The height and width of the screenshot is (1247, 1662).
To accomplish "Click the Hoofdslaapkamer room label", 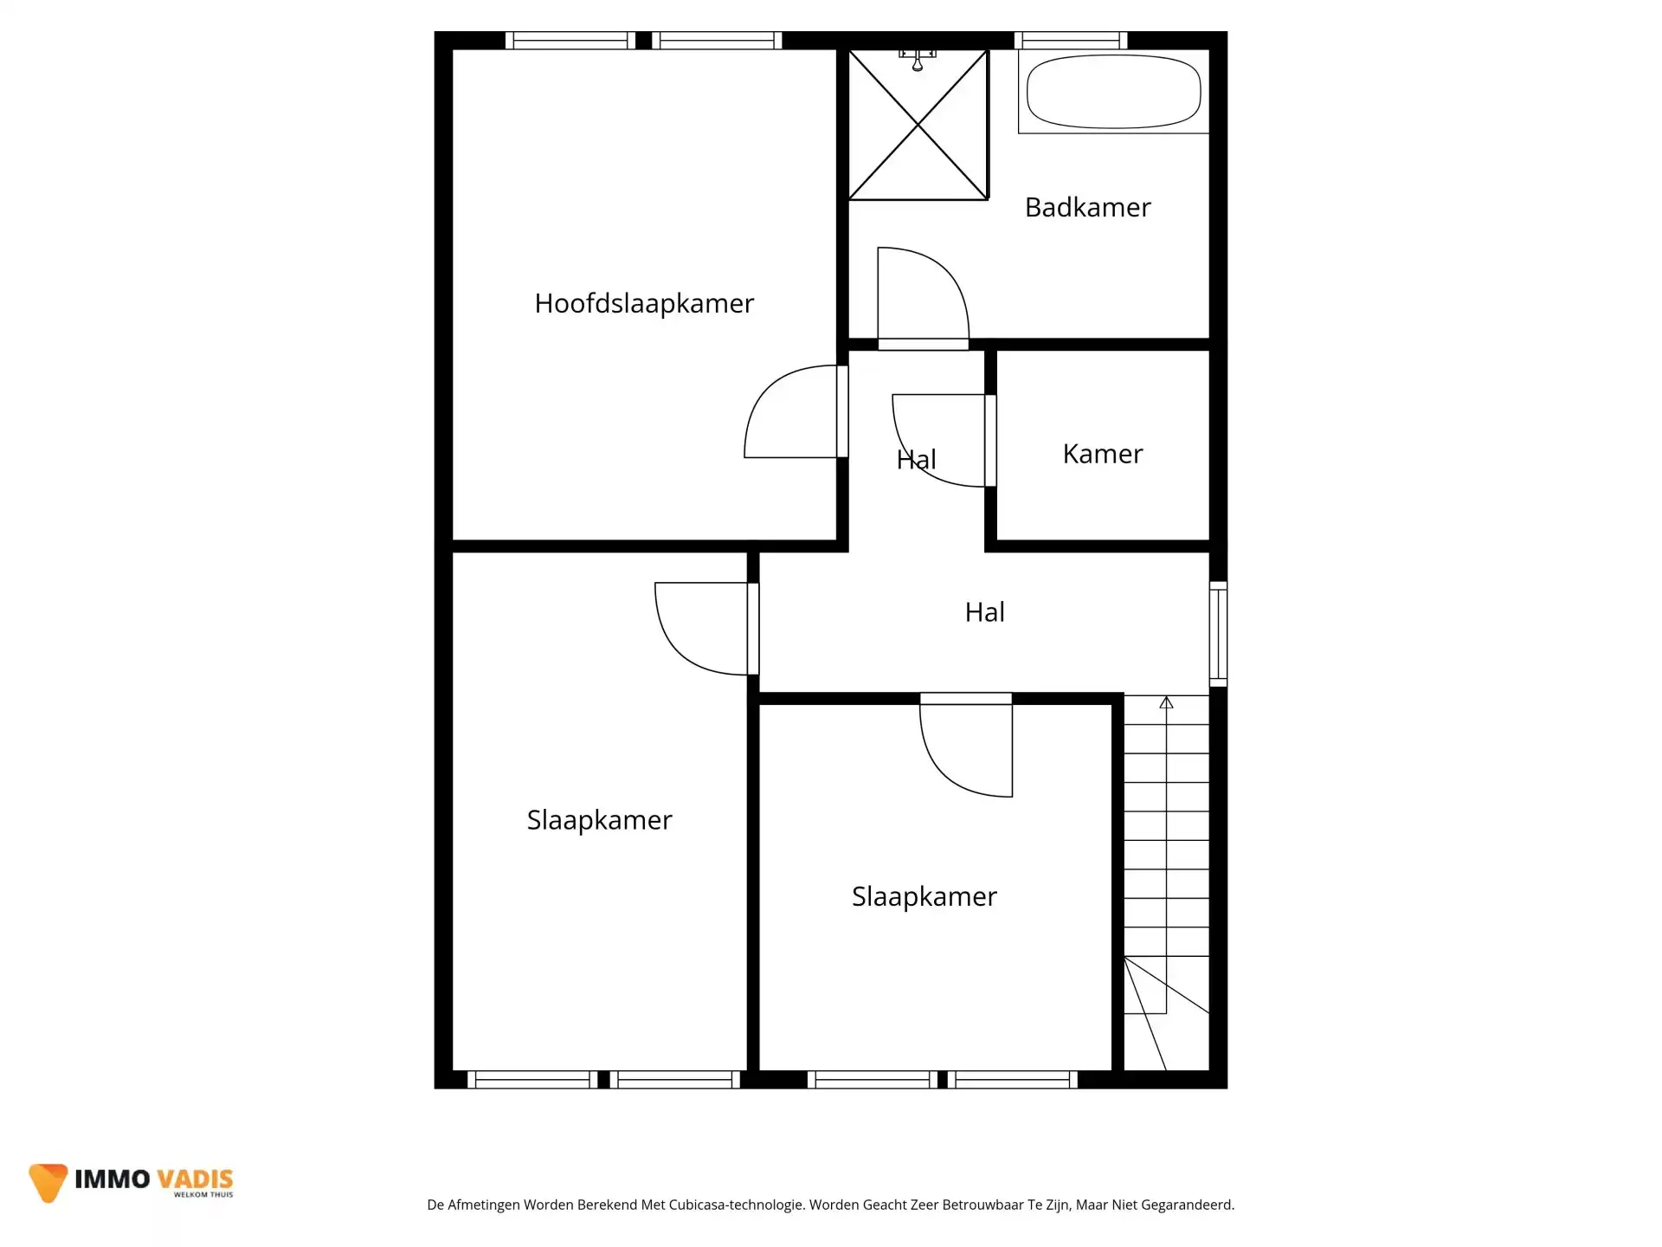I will tap(644, 304).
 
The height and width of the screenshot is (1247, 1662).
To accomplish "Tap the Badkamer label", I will tap(1087, 208).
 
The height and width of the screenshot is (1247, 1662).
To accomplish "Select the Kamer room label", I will tap(1102, 454).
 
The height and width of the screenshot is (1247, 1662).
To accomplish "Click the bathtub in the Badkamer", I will tap(1113, 92).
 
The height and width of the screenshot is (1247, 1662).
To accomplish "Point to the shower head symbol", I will tap(918, 61).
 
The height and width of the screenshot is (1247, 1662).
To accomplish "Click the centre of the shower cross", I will tap(918, 125).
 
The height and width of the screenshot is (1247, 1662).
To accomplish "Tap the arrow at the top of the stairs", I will tap(1166, 703).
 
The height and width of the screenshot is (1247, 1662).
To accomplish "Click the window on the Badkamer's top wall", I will tap(1071, 40).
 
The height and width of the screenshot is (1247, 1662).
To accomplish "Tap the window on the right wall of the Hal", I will tap(1218, 634).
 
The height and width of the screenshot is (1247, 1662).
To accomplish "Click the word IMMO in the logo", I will tap(113, 1179).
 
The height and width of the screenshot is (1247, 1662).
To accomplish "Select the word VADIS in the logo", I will tap(196, 1179).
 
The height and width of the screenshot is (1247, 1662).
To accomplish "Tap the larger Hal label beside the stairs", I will tap(984, 612).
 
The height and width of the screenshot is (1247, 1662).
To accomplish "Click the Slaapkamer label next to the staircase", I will tap(924, 896).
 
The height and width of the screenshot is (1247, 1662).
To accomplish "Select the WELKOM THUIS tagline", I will tap(203, 1195).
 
